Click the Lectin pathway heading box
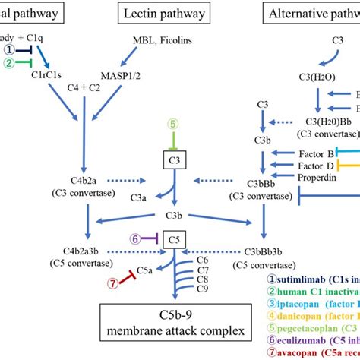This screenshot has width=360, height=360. point(159,13)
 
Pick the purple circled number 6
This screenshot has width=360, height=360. point(136,238)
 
